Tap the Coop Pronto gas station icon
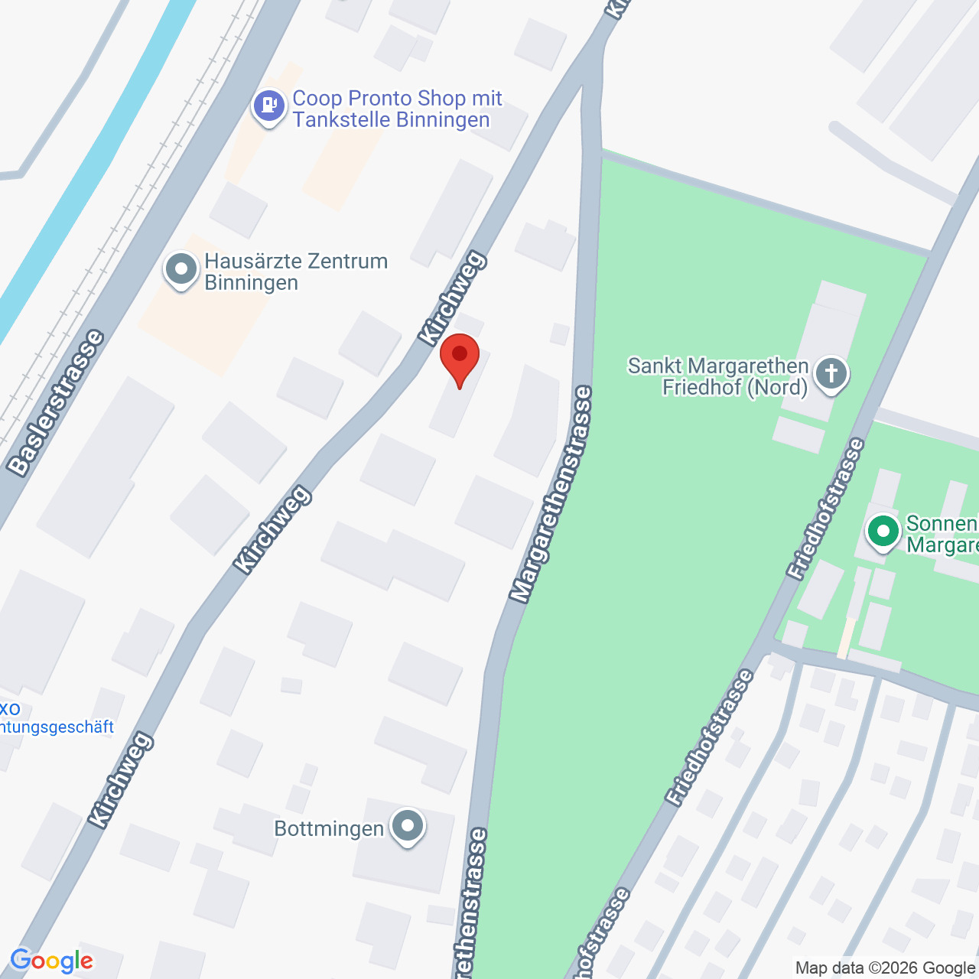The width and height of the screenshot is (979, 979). (x=268, y=105)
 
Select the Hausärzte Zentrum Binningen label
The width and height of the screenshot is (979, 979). (x=296, y=272)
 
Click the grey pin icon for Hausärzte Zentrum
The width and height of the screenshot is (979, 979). (x=181, y=270)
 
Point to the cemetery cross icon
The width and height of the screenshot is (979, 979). (x=831, y=375)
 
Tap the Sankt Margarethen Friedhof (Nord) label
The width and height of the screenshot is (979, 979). (x=717, y=376)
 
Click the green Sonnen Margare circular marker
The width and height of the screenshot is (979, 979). (x=883, y=531)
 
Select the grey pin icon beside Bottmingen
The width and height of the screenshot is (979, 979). (x=408, y=827)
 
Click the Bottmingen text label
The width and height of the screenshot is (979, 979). (x=329, y=828)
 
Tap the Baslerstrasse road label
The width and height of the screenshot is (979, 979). (x=55, y=402)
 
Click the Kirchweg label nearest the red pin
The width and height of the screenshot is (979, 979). (x=452, y=298)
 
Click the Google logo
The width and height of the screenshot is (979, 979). (x=52, y=961)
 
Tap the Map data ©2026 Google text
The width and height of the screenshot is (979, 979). (x=886, y=968)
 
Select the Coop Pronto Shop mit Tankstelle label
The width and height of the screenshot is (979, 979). (x=396, y=109)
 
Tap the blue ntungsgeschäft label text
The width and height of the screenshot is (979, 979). (x=57, y=727)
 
